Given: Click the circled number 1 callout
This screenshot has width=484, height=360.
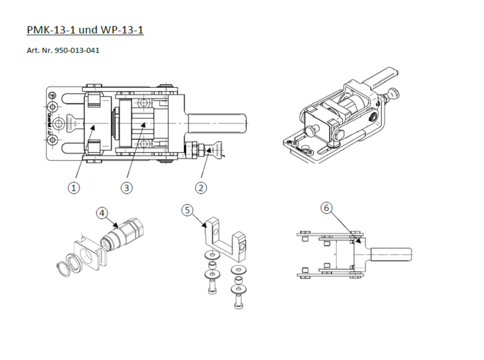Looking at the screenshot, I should pyautogui.click(x=75, y=188).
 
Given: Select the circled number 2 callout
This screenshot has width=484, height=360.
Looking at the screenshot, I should pyautogui.click(x=201, y=188).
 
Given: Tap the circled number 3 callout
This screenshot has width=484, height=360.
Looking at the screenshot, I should pyautogui.click(x=127, y=188).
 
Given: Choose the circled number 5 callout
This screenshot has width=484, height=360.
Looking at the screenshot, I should pyautogui.click(x=188, y=211).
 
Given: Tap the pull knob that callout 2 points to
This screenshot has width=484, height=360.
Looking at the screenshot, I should pyautogui.click(x=216, y=151).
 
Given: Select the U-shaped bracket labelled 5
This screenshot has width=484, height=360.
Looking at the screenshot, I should pyautogui.click(x=224, y=240).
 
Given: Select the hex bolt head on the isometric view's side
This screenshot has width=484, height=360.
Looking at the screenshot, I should pyautogui.click(x=340, y=135).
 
